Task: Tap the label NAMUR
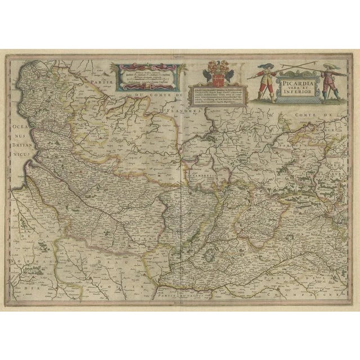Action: tap(333, 128)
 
